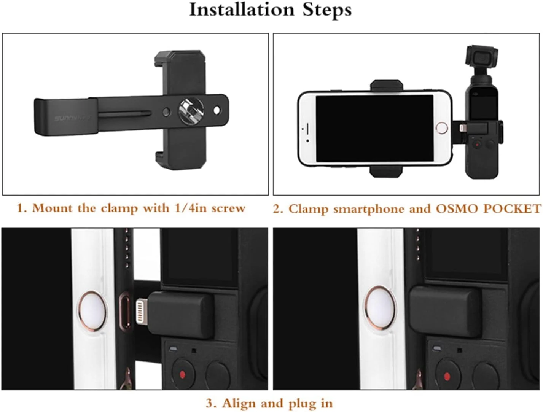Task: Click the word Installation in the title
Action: click(x=242, y=10)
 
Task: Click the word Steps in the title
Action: click(x=327, y=10)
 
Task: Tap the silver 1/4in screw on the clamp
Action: click(x=191, y=110)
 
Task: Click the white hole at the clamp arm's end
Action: click(x=217, y=110)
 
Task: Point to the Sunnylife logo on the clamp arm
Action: click(x=72, y=118)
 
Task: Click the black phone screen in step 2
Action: click(x=374, y=129)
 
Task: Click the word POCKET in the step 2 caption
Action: click(x=512, y=208)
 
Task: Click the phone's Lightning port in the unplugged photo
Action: click(x=125, y=310)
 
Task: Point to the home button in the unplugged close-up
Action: click(x=93, y=311)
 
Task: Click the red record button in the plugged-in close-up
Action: click(x=447, y=377)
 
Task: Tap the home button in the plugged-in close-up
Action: click(x=379, y=308)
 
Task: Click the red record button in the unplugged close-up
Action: click(x=182, y=375)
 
